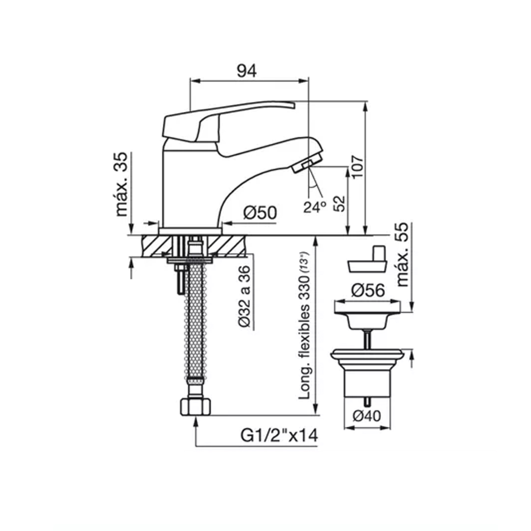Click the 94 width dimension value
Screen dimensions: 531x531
point(246,71)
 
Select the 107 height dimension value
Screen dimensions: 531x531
point(357,167)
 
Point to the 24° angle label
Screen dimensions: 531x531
point(315,207)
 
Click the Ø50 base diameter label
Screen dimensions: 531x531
point(260,213)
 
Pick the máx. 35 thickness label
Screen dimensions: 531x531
point(121,184)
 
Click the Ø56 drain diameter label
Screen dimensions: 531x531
point(368,290)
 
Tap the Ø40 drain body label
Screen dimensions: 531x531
point(367,416)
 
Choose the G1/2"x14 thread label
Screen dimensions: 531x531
point(279,436)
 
